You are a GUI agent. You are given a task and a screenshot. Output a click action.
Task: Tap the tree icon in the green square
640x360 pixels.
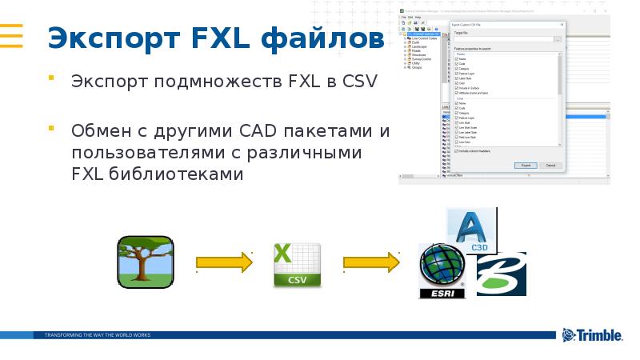[x=145, y=262]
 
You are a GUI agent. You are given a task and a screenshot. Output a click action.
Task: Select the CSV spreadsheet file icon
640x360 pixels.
[x=297, y=265]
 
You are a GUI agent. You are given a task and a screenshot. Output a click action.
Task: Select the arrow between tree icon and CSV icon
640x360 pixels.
[x=223, y=262]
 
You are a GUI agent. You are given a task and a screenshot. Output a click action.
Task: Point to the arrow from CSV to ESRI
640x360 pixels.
[x=371, y=262]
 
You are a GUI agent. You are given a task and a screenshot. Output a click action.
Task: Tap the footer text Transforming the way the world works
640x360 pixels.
[x=98, y=334]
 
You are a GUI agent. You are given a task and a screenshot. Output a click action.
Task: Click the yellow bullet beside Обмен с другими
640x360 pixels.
[x=51, y=128]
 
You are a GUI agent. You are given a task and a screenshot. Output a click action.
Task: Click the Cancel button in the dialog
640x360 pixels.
[x=550, y=165]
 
